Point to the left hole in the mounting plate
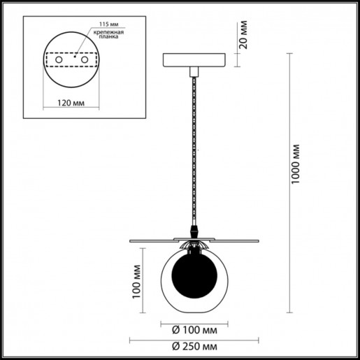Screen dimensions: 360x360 coord(59,62)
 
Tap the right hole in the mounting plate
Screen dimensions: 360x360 coord(85,62)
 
